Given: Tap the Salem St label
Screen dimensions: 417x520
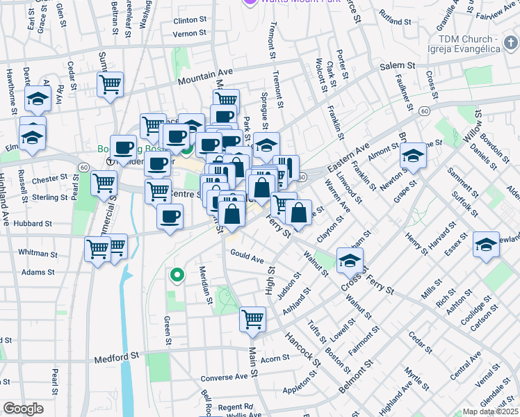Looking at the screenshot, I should point(397,65).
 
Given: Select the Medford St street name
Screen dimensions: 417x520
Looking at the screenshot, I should point(116,359).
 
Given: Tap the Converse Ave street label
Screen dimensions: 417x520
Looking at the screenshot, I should point(224,377).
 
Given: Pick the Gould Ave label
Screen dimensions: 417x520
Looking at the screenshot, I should point(247,257).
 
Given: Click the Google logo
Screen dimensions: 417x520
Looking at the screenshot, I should point(22,409).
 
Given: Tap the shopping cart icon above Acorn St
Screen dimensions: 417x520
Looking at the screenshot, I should point(252,319).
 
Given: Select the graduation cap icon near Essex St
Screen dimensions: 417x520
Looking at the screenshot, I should point(487,244).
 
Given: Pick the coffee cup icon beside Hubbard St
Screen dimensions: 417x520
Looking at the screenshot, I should point(170,216).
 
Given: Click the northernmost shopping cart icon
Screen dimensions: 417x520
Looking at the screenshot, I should point(111,84).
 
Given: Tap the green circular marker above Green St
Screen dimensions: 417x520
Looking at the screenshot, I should point(177,275).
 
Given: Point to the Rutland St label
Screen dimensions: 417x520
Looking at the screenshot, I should point(393,13).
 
